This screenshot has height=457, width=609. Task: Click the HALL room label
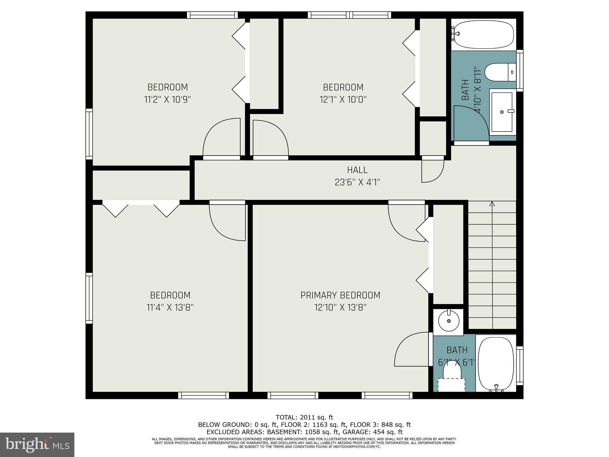tap(357, 170)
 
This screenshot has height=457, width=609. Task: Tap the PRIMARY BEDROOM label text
tap(340, 295)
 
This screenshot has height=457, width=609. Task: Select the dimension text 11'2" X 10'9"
tap(167, 99)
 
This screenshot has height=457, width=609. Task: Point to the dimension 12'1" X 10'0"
tap(343, 99)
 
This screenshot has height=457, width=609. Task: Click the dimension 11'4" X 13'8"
tap(170, 307)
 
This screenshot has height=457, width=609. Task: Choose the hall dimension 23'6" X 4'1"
tap(357, 182)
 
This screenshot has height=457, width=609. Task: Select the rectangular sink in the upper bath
tap(502, 112)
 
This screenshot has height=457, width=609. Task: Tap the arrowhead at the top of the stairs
tap(492, 204)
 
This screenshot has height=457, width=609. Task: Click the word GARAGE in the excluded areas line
tap(354, 432)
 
